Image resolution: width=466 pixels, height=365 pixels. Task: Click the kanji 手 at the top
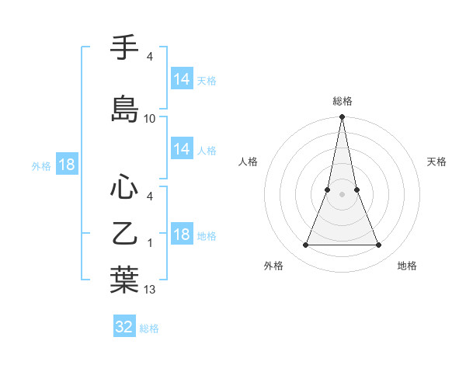(123, 49)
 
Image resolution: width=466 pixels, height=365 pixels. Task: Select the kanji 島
(123, 109)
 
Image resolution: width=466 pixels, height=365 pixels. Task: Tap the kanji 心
(123, 187)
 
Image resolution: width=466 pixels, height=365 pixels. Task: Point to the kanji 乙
(123, 233)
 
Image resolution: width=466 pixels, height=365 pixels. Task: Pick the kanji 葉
(123, 280)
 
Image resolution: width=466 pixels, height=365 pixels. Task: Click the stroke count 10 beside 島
(150, 119)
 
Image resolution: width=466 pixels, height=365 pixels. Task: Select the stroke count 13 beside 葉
(150, 290)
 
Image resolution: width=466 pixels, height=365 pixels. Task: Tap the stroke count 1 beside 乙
(150, 243)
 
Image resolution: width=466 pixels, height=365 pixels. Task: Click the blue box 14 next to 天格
(181, 79)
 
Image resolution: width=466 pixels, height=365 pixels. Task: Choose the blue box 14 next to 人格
(181, 150)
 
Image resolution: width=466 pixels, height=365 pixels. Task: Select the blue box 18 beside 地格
(181, 235)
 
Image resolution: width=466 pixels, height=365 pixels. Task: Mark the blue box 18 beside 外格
(66, 165)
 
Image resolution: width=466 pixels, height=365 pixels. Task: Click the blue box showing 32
(124, 327)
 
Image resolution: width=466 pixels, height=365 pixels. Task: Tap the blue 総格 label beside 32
(149, 328)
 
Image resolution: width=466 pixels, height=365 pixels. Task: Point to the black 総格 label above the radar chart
(343, 101)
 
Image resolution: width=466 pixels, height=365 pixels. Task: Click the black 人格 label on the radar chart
(249, 162)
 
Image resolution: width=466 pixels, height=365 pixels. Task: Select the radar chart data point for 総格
(342, 117)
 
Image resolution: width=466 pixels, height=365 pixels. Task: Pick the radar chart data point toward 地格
(379, 245)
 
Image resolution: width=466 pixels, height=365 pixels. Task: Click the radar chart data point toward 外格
(305, 245)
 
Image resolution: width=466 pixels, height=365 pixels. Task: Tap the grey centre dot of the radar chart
(342, 194)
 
